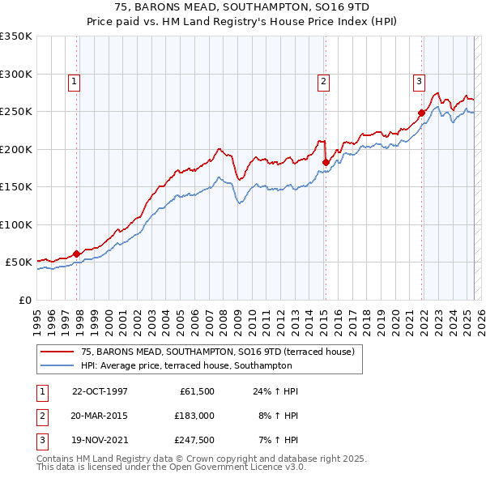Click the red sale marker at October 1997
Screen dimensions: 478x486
pos(77,254)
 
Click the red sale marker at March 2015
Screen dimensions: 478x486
pos(326,162)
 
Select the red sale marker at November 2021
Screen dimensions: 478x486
pos(421,113)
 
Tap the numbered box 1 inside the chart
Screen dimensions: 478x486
pos(74,80)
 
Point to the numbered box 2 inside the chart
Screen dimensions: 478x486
pos(323,80)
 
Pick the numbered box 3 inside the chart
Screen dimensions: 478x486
pos(419,80)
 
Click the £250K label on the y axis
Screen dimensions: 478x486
pos(16,112)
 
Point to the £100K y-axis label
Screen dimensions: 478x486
pos(16,224)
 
